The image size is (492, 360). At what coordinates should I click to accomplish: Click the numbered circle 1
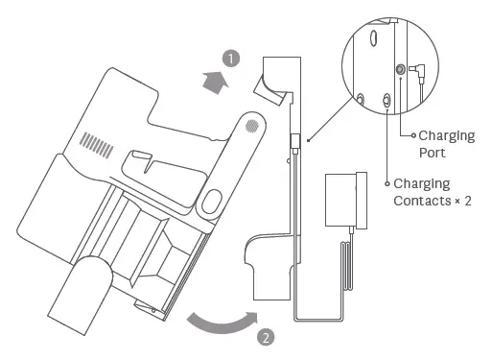230,58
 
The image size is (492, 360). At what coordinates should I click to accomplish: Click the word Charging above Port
447,135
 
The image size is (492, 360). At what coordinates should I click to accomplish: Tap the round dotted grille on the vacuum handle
250,125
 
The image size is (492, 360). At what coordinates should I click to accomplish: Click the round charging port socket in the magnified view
401,69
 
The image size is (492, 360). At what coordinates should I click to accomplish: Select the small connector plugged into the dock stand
295,140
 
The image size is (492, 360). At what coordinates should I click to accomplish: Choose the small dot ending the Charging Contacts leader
388,183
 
